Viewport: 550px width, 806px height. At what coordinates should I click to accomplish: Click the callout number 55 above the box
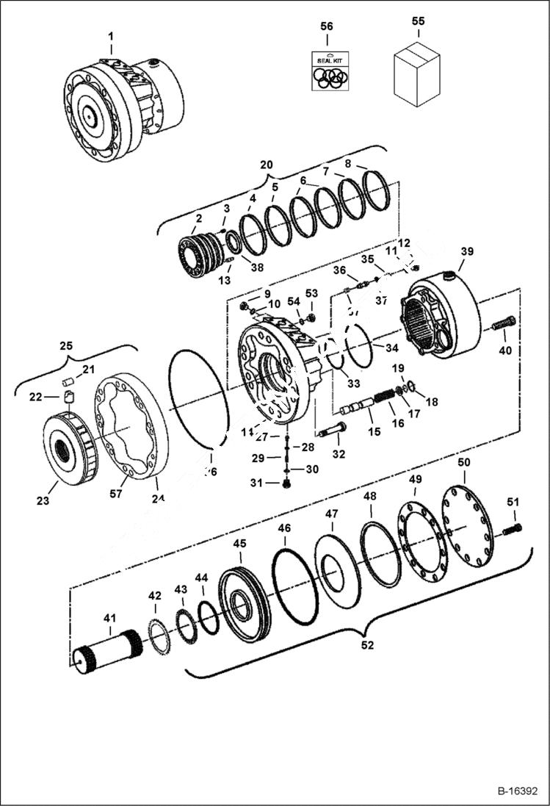(x=418, y=22)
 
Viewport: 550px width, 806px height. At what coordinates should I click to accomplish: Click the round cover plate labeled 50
(x=466, y=525)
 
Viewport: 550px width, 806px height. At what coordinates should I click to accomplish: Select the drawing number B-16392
(x=517, y=791)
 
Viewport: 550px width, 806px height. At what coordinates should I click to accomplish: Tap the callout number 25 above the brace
(x=67, y=345)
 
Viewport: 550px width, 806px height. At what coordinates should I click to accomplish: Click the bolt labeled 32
(x=333, y=428)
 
